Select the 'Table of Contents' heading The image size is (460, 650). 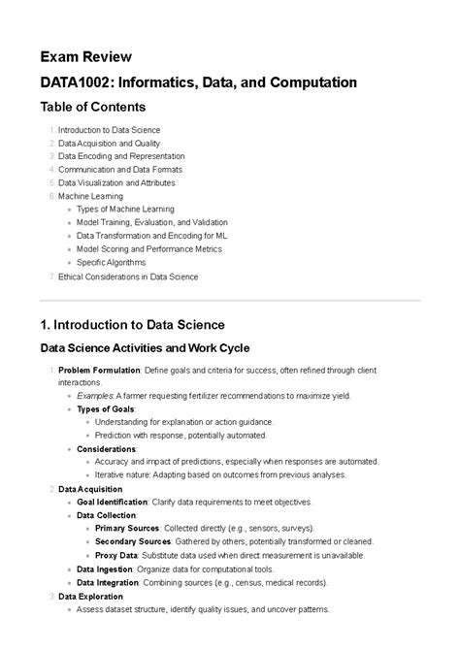92,107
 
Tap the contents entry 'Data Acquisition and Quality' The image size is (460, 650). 110,143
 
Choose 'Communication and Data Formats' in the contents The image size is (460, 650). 119,169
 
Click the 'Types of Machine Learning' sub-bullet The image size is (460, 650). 125,209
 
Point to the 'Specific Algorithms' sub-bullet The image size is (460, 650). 111,262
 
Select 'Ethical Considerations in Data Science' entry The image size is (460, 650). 128,276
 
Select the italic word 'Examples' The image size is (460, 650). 95,396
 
